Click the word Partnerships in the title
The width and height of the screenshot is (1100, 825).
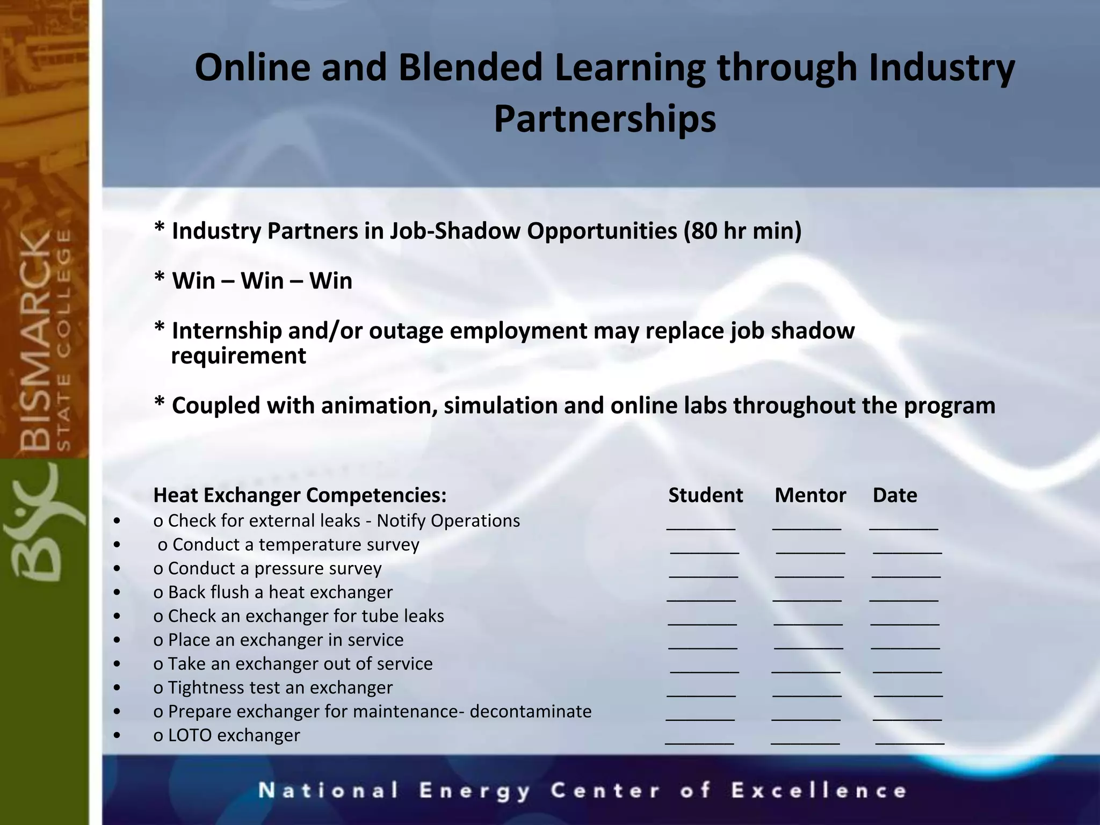point(605,119)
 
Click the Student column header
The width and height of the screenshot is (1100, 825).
point(705,495)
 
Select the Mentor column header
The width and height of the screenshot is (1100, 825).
point(810,495)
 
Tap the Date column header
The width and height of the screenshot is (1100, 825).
point(895,495)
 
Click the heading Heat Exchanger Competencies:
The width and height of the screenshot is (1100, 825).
point(300,495)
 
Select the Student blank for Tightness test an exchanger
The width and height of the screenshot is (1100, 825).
point(701,693)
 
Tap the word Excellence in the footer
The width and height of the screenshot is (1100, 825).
point(819,791)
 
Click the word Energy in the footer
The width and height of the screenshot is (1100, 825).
point(475,791)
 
